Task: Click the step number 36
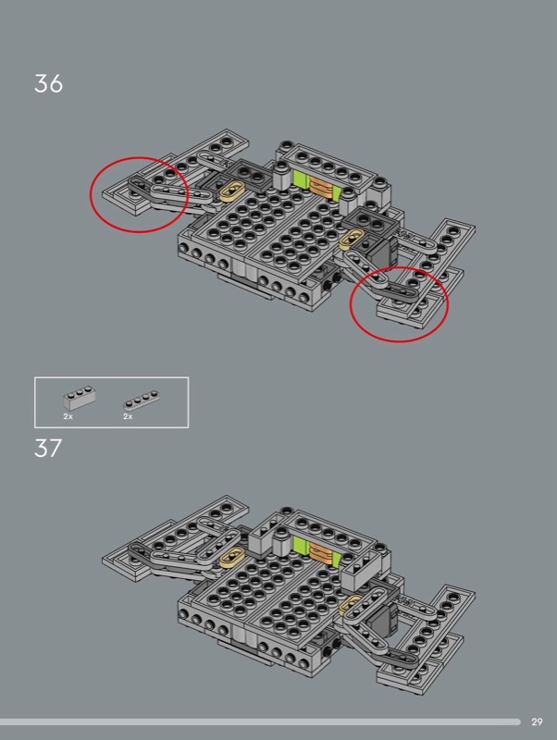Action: click(x=48, y=83)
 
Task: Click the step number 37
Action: click(x=48, y=448)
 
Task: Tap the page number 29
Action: click(x=537, y=721)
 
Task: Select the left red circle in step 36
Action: click(x=91, y=195)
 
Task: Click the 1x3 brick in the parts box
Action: click(x=80, y=398)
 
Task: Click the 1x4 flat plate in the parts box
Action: click(x=142, y=401)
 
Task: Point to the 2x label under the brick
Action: click(x=68, y=416)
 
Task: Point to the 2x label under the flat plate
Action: click(x=128, y=416)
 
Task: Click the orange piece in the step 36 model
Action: click(x=321, y=188)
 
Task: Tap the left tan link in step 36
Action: click(x=231, y=192)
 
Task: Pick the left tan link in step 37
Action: click(x=231, y=557)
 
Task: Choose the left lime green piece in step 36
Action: click(x=300, y=179)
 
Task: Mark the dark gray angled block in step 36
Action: click(x=384, y=254)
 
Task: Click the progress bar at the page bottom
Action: click(x=260, y=722)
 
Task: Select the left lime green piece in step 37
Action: click(x=300, y=545)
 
